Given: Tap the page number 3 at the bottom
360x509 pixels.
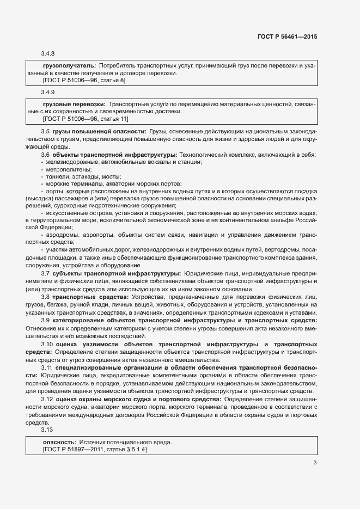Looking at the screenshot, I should click(315, 463).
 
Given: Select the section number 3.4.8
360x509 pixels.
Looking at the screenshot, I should click(48, 54).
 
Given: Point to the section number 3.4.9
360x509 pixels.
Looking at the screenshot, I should click(48, 92).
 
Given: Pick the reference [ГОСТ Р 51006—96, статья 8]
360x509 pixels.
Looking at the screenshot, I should click(84, 80).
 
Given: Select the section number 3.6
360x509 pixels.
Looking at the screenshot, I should click(46, 155).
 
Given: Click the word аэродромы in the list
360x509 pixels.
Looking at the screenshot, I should click(62, 234).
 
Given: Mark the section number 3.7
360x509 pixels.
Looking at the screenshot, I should click(46, 273).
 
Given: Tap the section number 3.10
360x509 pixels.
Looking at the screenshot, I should click(47, 345).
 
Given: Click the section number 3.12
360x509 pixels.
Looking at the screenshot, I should click(47, 400).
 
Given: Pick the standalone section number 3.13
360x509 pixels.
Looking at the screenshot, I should click(47, 430).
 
